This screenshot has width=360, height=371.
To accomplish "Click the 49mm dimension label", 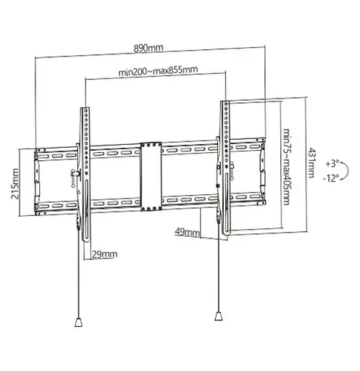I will [x=188, y=232].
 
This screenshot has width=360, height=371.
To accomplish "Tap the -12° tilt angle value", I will [x=332, y=178].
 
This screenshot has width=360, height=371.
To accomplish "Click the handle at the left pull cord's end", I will [x=78, y=320].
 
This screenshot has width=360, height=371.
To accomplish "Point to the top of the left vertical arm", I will [x=85, y=111].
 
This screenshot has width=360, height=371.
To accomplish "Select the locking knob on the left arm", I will [x=74, y=175].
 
